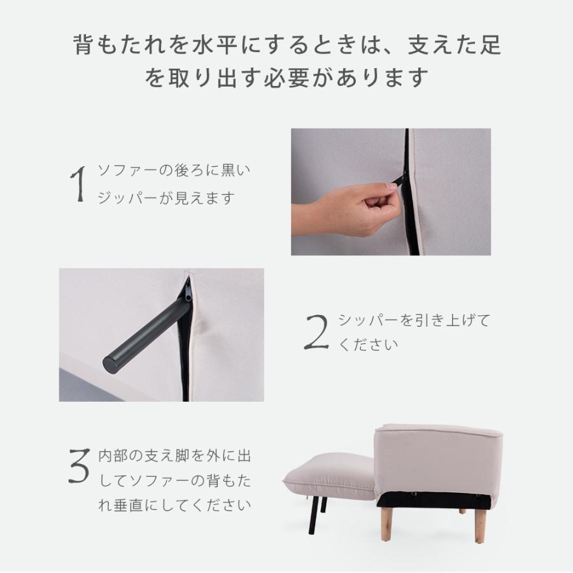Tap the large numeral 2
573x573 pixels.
pyautogui.click(x=316, y=332)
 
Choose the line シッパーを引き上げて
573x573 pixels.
pyautogui.click(x=414, y=320)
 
